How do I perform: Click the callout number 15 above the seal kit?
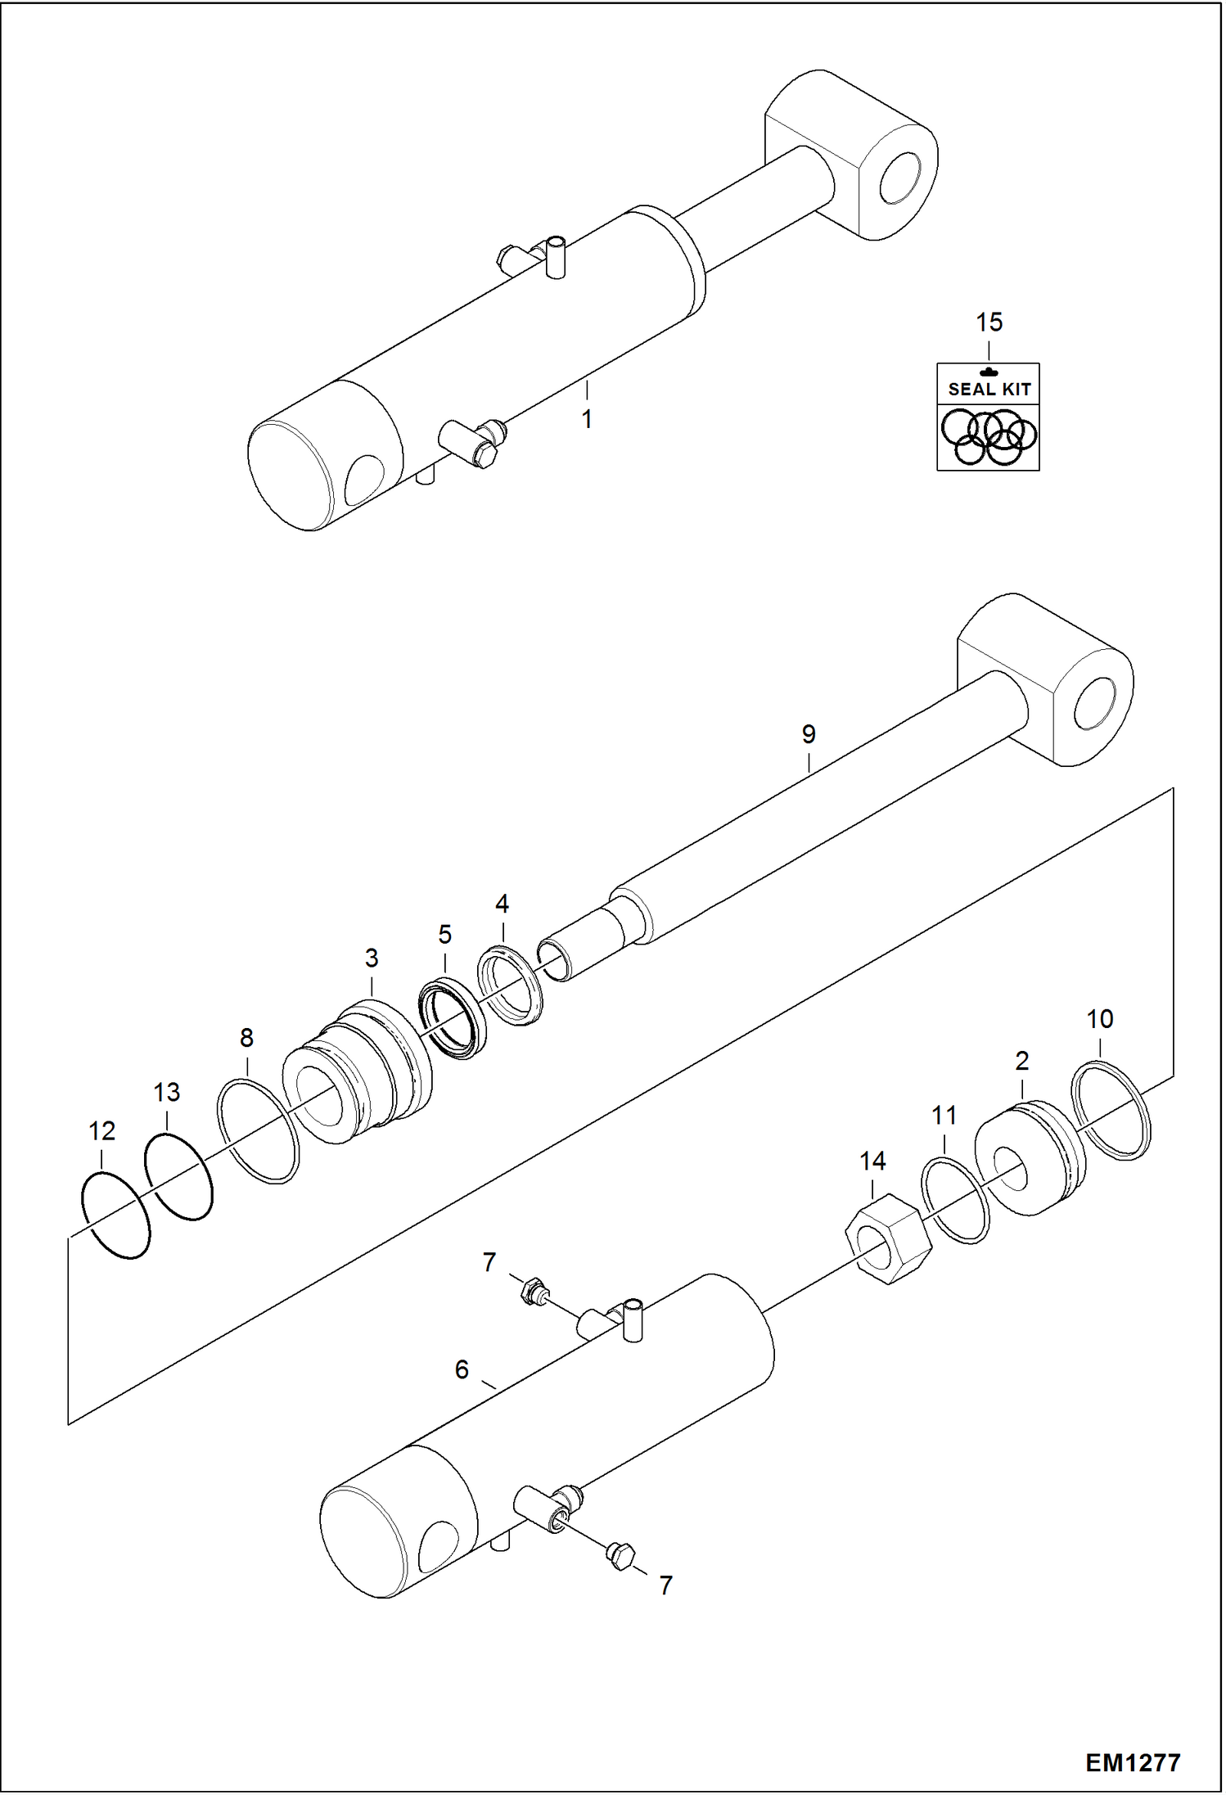(989, 322)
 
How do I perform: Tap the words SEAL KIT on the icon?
(989, 390)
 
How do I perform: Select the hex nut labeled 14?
(887, 1238)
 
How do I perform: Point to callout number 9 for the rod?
(809, 734)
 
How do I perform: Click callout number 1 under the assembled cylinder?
(587, 419)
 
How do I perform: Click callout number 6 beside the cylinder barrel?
(462, 1369)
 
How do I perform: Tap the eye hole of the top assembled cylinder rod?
(898, 178)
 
